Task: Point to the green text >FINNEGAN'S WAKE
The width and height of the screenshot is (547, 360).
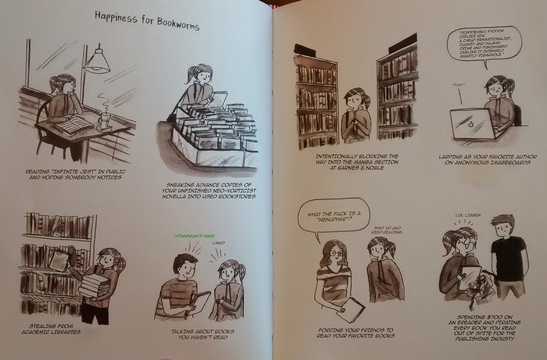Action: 194,236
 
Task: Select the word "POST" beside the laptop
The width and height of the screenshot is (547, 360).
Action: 458,85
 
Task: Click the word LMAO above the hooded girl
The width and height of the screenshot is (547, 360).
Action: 218,243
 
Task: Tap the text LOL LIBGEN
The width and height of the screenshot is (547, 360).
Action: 468,215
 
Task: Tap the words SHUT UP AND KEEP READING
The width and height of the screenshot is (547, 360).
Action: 387,230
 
